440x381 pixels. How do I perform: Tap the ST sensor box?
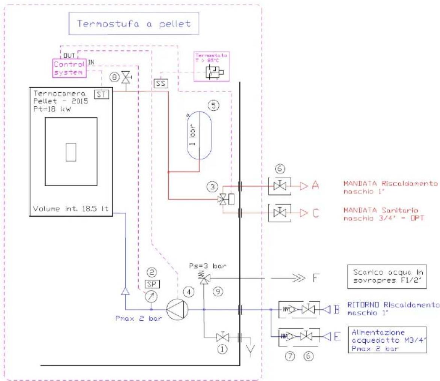click(x=101, y=93)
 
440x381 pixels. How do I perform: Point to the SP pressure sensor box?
click(x=151, y=284)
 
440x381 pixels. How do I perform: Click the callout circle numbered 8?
click(x=114, y=78)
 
